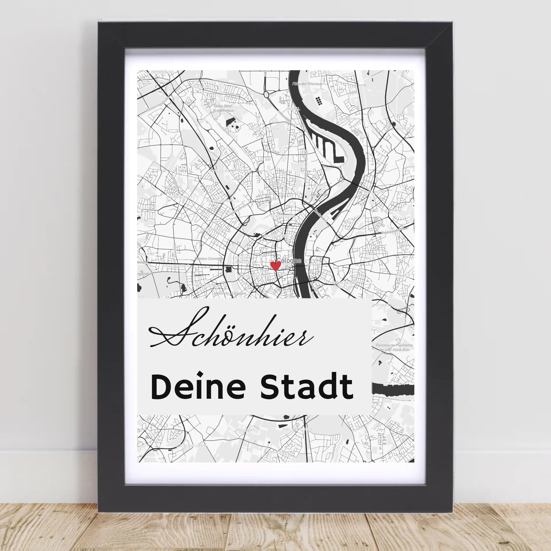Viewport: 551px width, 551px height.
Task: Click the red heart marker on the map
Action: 275,266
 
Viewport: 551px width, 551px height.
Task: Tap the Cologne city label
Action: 289,260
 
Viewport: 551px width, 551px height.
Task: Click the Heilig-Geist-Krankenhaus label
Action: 224,108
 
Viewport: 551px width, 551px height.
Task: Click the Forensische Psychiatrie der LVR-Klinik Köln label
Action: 394,347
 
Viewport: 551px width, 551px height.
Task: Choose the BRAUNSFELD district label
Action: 176,266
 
